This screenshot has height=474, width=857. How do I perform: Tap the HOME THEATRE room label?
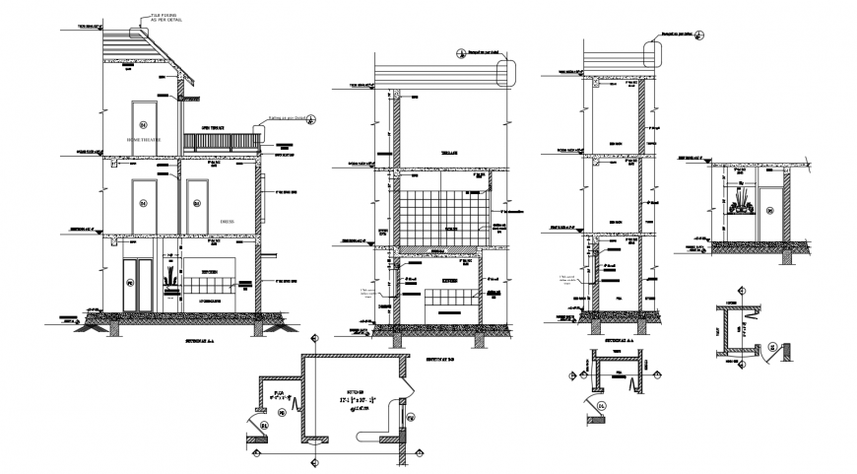(147, 141)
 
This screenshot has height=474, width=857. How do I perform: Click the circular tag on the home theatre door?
(142, 125)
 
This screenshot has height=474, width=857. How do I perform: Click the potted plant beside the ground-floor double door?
(168, 277)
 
